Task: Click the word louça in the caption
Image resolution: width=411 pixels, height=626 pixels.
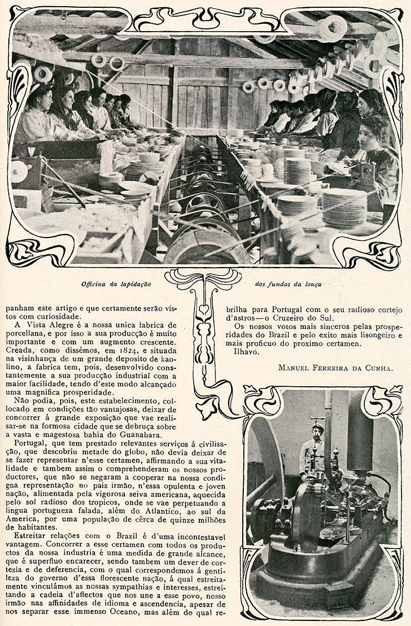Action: pos(313,284)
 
